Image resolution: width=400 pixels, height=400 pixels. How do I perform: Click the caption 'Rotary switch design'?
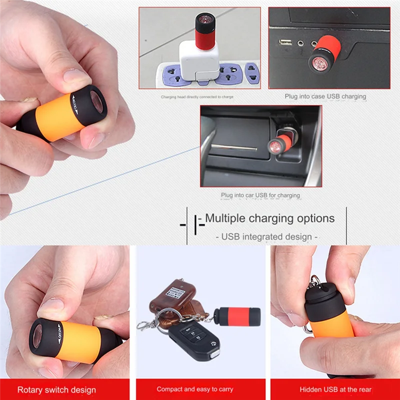(x=56, y=389)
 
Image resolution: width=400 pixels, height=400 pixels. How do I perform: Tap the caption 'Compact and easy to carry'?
(x=194, y=389)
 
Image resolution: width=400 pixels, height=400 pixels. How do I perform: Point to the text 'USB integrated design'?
(x=266, y=236)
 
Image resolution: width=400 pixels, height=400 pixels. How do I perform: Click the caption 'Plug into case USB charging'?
(x=325, y=96)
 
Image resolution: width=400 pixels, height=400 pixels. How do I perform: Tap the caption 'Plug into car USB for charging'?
(x=260, y=195)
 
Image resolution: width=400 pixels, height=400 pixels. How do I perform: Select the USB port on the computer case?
(x=285, y=42)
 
